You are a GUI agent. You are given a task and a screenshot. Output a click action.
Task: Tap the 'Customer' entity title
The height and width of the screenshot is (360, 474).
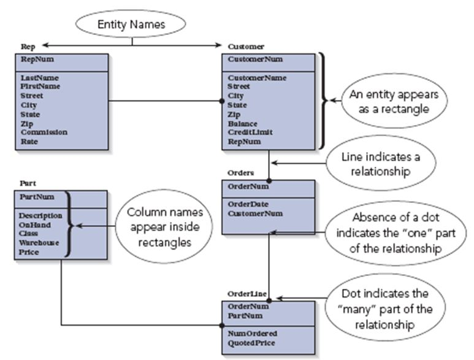(x=246, y=46)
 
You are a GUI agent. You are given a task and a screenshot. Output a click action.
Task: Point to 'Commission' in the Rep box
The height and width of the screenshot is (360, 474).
(x=44, y=132)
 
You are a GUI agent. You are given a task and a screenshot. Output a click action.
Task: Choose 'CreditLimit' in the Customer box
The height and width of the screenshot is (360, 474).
(x=249, y=132)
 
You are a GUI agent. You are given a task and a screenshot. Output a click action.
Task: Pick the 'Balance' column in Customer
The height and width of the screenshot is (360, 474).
(x=243, y=123)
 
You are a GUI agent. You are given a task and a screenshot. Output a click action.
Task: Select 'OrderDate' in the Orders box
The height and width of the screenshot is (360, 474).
(x=246, y=204)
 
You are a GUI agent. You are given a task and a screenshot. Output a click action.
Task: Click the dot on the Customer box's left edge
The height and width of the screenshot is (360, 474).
(x=223, y=101)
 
